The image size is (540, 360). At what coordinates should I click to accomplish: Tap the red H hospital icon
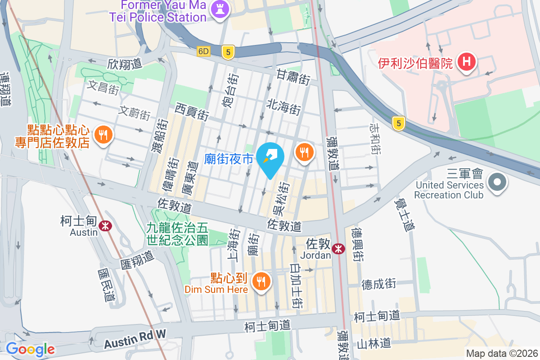tap(467, 63)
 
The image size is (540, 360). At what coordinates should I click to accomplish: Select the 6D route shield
tap(203, 52)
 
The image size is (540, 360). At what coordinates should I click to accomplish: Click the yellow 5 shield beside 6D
tap(229, 52)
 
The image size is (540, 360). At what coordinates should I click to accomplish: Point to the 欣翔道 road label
tap(125, 64)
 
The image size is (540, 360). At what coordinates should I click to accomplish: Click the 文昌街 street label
tap(103, 87)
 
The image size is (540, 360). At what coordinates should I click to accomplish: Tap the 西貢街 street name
tap(192, 111)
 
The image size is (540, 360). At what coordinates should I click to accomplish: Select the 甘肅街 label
tap(293, 77)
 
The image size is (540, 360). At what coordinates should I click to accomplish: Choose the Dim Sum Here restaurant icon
tap(261, 282)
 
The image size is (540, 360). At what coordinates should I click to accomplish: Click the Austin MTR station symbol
tap(106, 225)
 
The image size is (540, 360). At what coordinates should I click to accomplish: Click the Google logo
tap(30, 349)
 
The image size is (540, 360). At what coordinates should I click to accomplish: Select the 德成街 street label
tap(379, 284)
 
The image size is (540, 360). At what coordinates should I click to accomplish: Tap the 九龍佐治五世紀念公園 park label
tap(177, 234)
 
